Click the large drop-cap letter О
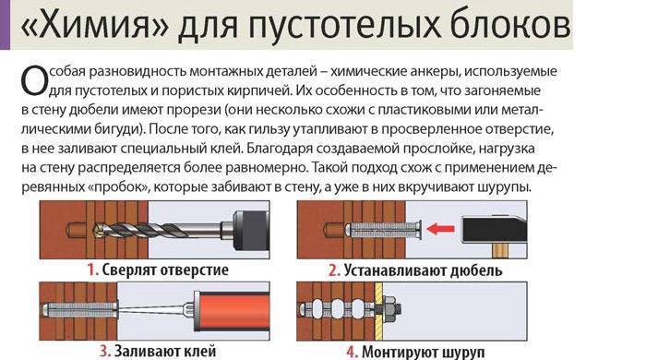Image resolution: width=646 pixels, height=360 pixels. pos(34,80)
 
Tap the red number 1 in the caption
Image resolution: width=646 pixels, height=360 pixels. pos(92,270)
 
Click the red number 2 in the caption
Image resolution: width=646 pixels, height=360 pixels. pos(334,270)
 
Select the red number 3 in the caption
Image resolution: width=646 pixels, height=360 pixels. pos(105,352)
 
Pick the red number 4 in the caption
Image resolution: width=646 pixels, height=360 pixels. pos(352,353)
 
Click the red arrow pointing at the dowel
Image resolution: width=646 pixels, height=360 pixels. pos(440,229)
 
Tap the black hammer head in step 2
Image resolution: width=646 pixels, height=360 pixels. pos(495,230)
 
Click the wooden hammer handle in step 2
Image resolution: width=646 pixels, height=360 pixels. pos(500,251)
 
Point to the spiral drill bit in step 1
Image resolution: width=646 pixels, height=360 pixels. pos(158,229)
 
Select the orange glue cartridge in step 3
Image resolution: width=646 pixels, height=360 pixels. pos(232,310)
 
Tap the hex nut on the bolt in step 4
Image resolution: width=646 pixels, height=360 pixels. pos(389,309)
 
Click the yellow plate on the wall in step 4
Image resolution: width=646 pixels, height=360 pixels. pos(378,311)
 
